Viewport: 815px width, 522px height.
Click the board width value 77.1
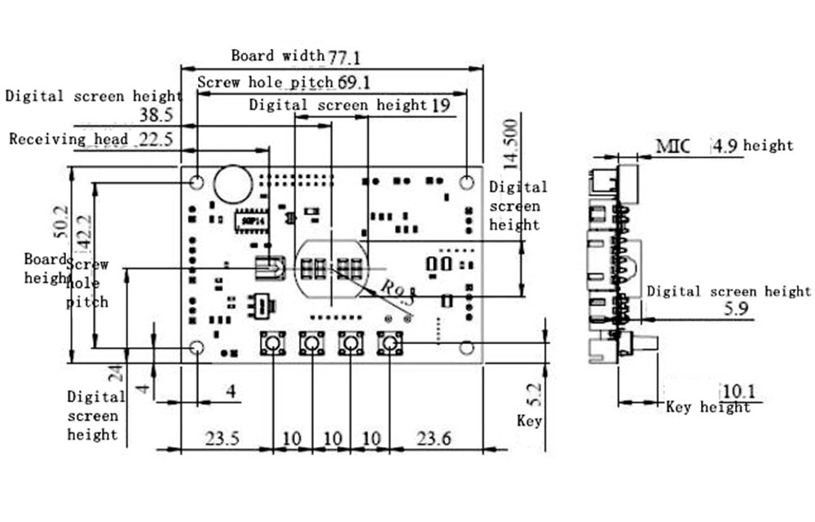tap(344, 57)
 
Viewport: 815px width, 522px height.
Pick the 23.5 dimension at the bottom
tap(222, 439)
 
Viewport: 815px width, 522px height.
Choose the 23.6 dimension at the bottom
tap(434, 439)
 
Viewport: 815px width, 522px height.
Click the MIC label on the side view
tap(673, 147)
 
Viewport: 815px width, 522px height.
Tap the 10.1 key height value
tap(738, 391)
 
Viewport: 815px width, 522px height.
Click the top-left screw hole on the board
tap(196, 182)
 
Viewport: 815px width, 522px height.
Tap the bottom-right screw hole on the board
tap(466, 347)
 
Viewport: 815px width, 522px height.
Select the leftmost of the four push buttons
tap(272, 344)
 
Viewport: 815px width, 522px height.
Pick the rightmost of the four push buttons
tap(390, 344)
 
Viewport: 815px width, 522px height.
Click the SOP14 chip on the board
tap(249, 221)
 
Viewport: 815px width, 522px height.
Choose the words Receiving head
tap(68, 139)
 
